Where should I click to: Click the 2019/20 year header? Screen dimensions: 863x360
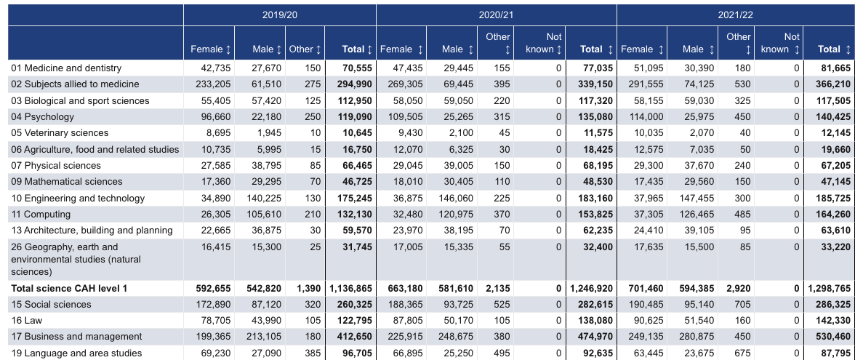point(280,15)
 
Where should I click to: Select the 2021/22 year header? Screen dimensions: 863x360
point(735,15)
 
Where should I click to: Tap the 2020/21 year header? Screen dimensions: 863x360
point(496,15)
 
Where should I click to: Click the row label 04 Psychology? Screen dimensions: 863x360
point(42,116)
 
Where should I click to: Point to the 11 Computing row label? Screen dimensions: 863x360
point(41,214)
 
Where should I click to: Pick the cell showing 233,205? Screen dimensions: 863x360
point(213,84)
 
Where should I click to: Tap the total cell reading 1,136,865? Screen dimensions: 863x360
point(351,288)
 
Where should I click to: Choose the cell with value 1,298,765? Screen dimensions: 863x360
point(830,288)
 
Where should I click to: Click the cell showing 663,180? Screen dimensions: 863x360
point(404,288)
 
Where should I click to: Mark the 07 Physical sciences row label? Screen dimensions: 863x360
point(55,165)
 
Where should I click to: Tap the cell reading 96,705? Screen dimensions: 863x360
point(357,353)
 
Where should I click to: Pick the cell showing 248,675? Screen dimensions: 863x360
point(456,336)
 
